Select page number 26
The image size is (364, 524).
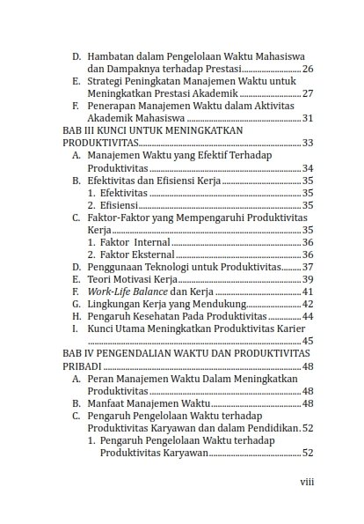(x=308, y=68)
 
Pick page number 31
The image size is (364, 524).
(x=308, y=119)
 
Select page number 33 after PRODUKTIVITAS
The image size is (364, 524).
(x=308, y=143)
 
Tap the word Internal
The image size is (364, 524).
(x=147, y=242)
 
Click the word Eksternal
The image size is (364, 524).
(x=149, y=255)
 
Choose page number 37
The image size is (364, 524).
(x=308, y=267)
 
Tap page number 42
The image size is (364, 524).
(x=308, y=304)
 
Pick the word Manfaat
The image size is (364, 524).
(x=109, y=403)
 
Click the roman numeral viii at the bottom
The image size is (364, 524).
(x=308, y=482)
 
